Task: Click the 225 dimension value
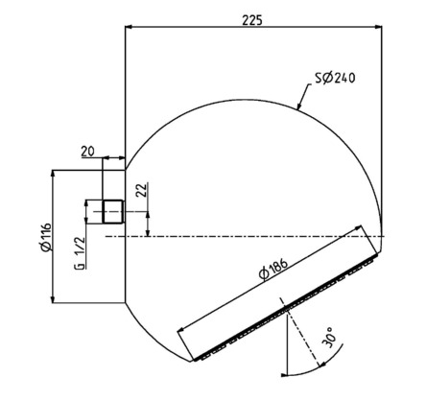click(252, 20)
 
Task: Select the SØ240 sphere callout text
click(335, 78)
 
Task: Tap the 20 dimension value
click(87, 152)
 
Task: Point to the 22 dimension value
click(143, 190)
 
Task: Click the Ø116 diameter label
click(46, 237)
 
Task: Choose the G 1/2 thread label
click(80, 252)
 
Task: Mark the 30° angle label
click(329, 337)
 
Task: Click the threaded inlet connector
click(112, 211)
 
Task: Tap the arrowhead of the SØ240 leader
click(299, 106)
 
